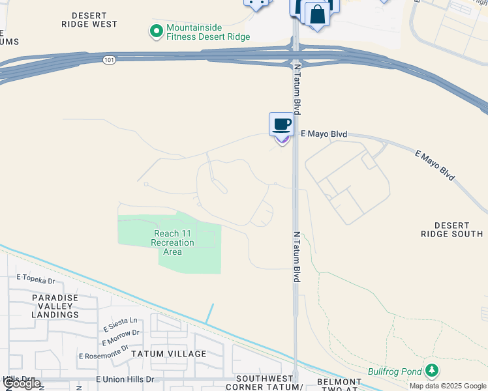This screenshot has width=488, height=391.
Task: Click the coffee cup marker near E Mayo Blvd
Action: [281, 124]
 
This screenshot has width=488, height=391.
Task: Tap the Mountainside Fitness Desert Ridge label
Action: [208, 32]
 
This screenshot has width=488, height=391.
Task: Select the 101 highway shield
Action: [109, 59]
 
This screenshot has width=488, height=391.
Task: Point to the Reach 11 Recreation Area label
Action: [173, 242]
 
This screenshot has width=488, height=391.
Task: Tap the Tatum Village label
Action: [169, 354]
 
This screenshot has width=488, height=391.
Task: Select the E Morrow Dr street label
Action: [121, 338]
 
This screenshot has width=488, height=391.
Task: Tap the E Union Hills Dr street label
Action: [125, 379]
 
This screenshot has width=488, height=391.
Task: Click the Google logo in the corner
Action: [22, 384]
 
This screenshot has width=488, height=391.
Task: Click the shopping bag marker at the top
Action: [316, 14]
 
